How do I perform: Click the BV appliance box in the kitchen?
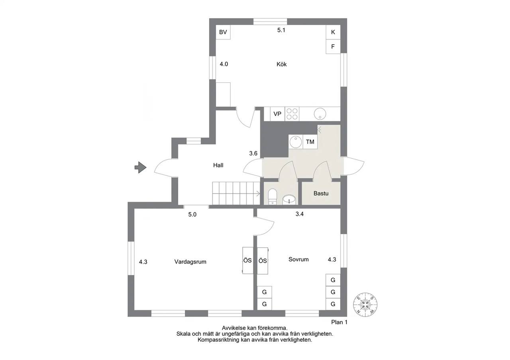coord(223,32)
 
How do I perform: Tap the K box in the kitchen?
coord(333,32)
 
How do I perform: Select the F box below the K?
coord(333,47)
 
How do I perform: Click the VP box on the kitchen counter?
coord(277,114)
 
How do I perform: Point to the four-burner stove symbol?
coord(292,114)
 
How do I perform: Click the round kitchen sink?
coord(320,114)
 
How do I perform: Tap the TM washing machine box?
coord(310,142)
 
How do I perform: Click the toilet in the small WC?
coord(272,196)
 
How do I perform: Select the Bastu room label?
coord(321,194)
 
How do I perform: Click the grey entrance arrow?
coord(140,168)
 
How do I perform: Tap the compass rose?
coord(365,305)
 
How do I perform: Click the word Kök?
coord(282,64)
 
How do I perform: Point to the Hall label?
coord(218,165)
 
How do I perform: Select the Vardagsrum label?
coord(190,262)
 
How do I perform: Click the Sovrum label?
coord(298,259)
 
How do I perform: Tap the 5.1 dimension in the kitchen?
coord(281,30)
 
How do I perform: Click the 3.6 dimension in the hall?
coord(253,153)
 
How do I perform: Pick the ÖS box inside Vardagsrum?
coord(248,260)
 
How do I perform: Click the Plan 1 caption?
coord(339,322)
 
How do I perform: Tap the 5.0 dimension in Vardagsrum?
coord(192,214)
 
